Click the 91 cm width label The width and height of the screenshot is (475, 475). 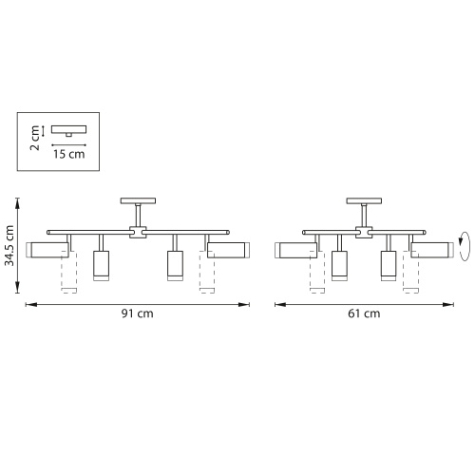(x=138, y=313)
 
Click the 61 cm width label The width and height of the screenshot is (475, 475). (x=364, y=313)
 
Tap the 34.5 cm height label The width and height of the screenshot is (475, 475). (x=9, y=245)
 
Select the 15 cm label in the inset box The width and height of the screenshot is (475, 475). (x=69, y=154)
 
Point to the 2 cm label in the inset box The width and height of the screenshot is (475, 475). (x=34, y=138)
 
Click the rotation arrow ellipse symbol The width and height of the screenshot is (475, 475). (x=465, y=246)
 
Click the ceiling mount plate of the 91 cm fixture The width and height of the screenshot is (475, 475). (x=138, y=200)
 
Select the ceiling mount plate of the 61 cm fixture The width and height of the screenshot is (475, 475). (x=364, y=200)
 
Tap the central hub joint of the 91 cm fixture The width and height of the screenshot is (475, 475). (x=138, y=232)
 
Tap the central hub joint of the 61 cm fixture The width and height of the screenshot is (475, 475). (x=364, y=232)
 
